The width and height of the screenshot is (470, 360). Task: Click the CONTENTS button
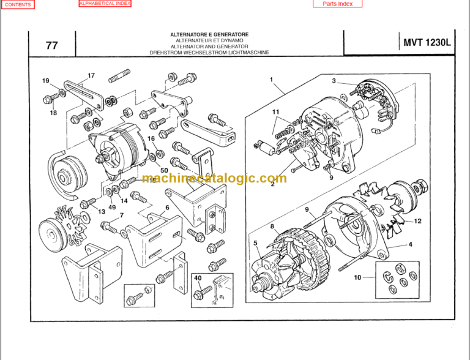tap(17, 4)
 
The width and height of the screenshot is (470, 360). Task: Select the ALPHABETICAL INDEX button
tap(105, 4)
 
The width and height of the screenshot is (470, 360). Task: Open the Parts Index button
tap(337, 4)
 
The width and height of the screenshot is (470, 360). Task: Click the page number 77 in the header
tap(52, 45)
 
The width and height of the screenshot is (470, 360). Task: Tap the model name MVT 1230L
tap(427, 43)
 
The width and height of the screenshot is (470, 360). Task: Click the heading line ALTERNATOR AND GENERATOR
tap(209, 47)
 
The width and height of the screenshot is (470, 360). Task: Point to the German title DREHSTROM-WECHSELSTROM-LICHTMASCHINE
tap(209, 53)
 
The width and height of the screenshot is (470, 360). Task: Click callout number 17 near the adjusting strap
tap(91, 76)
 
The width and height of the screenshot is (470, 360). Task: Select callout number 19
tap(46, 81)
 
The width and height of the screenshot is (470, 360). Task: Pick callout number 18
tap(53, 113)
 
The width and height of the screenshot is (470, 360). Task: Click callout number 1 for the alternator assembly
tap(270, 79)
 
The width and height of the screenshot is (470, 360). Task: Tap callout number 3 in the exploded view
tap(334, 81)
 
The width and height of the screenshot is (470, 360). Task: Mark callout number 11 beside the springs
tap(276, 111)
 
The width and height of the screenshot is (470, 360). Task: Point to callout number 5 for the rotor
tap(255, 243)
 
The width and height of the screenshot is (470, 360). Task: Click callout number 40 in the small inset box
tap(198, 278)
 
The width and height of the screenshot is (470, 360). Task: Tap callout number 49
tap(112, 207)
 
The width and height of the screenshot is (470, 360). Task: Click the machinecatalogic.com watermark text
tap(214, 178)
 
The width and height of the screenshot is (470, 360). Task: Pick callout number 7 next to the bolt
tap(121, 215)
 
